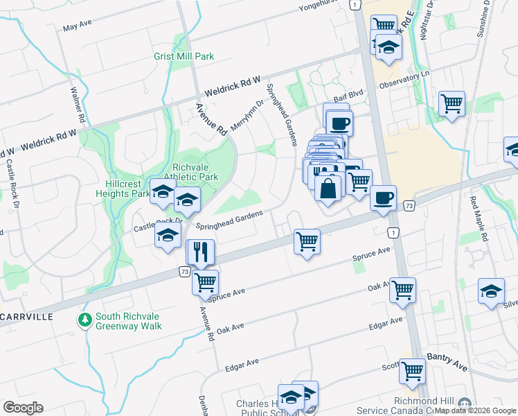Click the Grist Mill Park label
coord(184,56)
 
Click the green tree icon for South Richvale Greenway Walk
coord(84,320)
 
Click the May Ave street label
coord(77,28)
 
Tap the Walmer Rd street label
coord(77,104)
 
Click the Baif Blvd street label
coord(348,100)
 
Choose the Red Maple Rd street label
coord(479,218)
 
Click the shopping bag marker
coord(328,187)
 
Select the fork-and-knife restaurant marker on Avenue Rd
coord(202,252)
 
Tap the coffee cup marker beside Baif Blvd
coord(339,123)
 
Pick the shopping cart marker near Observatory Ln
coord(452,103)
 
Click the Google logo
coord(23,408)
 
